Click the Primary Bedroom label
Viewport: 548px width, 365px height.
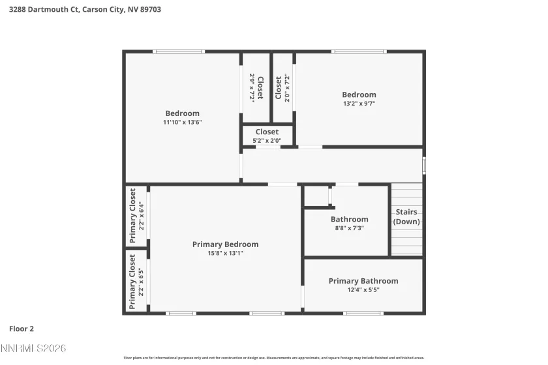tap(225, 244)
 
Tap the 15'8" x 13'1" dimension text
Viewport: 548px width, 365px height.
tap(225, 254)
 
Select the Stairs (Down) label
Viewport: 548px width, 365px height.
tap(406, 217)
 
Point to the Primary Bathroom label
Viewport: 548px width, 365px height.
tap(363, 281)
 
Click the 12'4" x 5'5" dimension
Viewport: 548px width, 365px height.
tap(363, 290)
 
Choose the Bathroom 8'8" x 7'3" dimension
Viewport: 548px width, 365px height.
tap(349, 228)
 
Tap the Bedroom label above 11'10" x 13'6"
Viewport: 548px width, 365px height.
tap(182, 113)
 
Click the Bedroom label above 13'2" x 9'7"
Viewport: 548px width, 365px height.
tap(359, 95)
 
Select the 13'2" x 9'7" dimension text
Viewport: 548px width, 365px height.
tap(359, 103)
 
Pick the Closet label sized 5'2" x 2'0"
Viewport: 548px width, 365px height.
tap(267, 132)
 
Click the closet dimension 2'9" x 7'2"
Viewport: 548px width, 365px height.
tap(252, 87)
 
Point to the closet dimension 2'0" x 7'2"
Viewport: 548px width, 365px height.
tap(287, 87)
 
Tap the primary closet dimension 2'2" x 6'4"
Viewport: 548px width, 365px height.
tap(141, 216)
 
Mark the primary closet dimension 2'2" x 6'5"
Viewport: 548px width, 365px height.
tap(141, 281)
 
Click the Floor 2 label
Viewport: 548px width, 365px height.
tap(22, 328)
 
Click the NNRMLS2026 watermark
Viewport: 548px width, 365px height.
tap(33, 349)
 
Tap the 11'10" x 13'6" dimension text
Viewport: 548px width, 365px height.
tap(182, 122)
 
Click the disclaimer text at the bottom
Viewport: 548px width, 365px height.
tap(274, 357)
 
